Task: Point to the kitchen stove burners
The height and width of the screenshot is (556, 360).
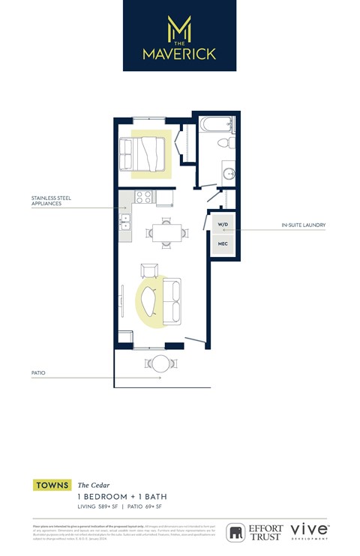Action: (143, 198)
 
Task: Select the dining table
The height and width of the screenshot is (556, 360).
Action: (166, 231)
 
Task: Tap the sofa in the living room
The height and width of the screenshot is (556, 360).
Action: (173, 298)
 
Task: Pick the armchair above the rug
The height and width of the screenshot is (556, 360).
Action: (149, 271)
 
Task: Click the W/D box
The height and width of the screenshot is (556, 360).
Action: (223, 224)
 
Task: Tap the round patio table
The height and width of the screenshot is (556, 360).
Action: (161, 363)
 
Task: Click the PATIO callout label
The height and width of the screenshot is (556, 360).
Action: (38, 372)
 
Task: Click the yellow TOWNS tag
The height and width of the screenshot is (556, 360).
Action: (52, 486)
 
